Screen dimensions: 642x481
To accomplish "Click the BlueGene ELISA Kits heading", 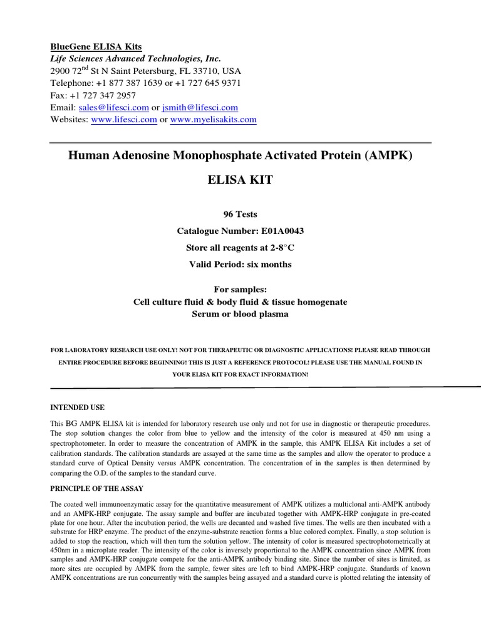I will [x=96, y=46].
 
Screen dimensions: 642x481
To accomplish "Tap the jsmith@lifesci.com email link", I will [x=200, y=108].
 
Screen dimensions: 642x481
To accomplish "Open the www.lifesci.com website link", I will [x=123, y=120].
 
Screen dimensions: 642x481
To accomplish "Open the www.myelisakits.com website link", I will [x=213, y=120].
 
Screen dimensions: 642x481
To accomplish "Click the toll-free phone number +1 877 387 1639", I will [x=128, y=83].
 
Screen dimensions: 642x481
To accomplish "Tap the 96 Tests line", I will [x=240, y=214].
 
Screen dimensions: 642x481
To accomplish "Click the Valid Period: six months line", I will [x=240, y=265].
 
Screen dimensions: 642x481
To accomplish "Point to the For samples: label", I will [x=240, y=290].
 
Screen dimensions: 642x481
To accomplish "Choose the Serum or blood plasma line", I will [x=240, y=314].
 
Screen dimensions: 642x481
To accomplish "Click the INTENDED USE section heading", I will [x=77, y=408].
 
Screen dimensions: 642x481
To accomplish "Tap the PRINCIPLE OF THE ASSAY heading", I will [x=98, y=487].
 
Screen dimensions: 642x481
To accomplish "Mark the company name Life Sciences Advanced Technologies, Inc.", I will [x=135, y=58].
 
